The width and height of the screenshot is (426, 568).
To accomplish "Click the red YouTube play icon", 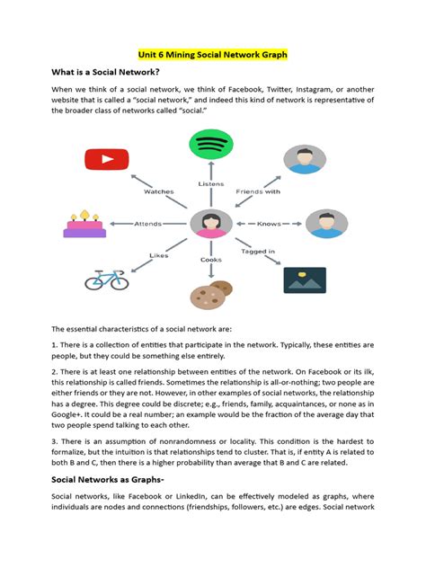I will (107, 160).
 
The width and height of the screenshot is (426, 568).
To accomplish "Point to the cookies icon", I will (212, 294).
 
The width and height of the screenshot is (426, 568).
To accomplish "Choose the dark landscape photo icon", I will (305, 280).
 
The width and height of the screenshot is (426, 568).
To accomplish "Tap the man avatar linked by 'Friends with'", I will (306, 159).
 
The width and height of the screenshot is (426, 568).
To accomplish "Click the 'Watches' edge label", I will (159, 191).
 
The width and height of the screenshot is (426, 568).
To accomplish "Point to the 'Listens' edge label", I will (211, 183).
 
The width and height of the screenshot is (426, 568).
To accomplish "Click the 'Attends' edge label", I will (148, 223).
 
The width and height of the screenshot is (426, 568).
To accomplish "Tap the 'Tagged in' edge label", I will (259, 252).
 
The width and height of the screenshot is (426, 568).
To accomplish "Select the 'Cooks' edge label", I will (211, 259).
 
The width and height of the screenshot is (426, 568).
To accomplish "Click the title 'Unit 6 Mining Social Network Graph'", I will (212, 54).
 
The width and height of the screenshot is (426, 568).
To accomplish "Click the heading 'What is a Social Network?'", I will (106, 72).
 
